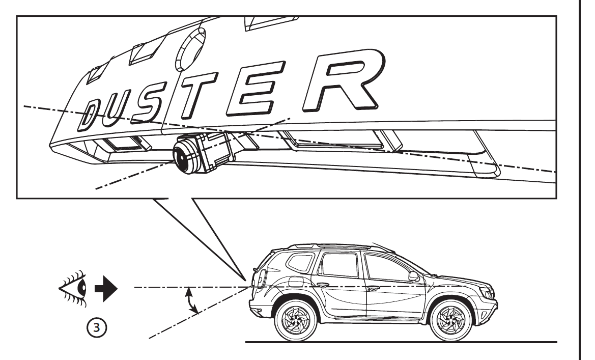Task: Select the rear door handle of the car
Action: [323, 286]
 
